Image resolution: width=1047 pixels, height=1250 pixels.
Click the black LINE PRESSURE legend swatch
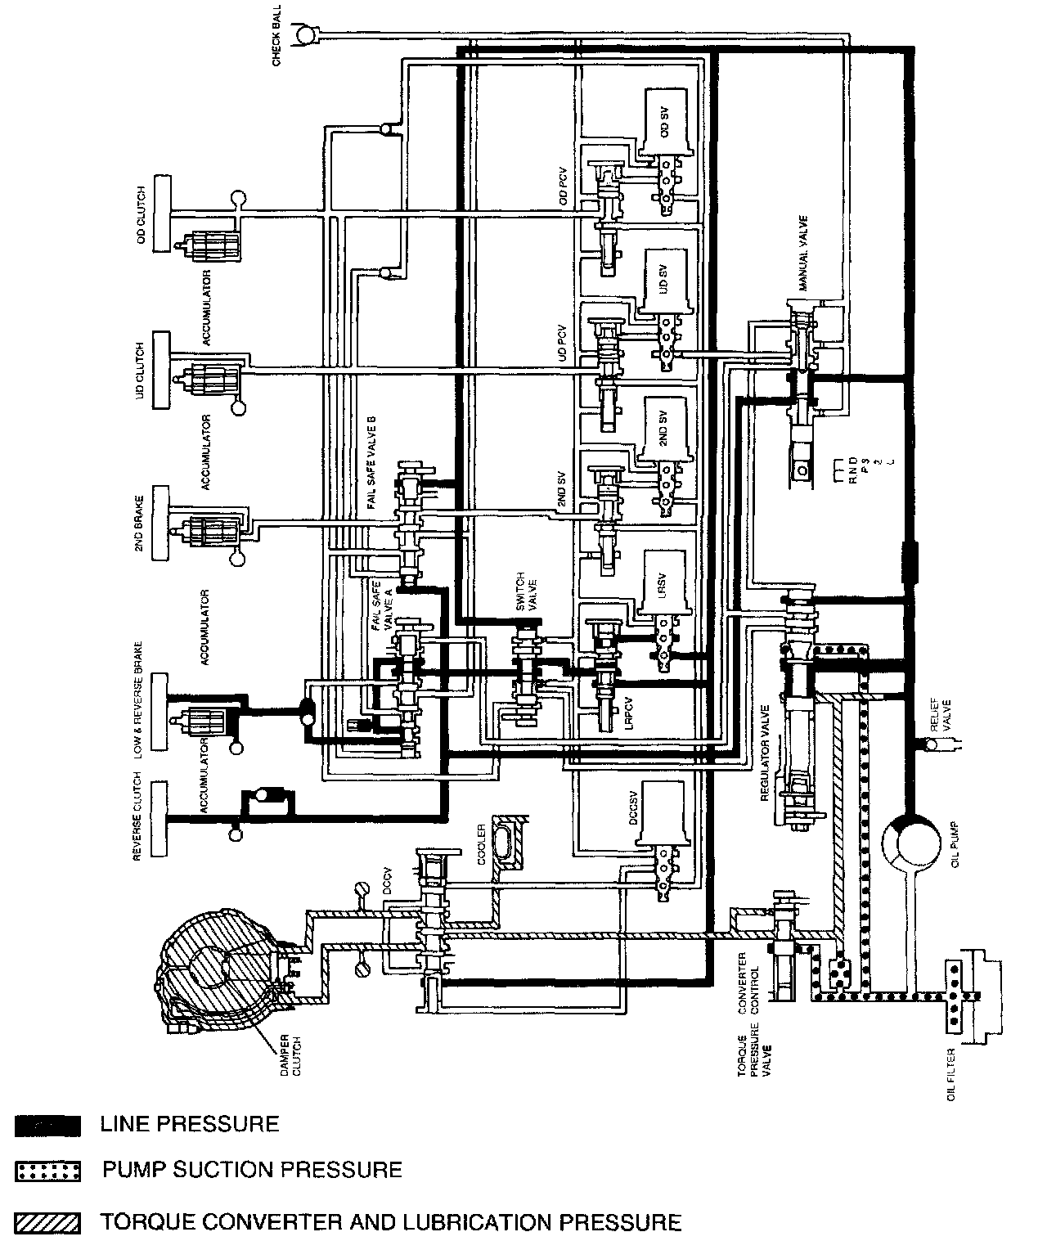47,1126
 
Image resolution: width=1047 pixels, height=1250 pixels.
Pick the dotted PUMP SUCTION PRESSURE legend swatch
47,1171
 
